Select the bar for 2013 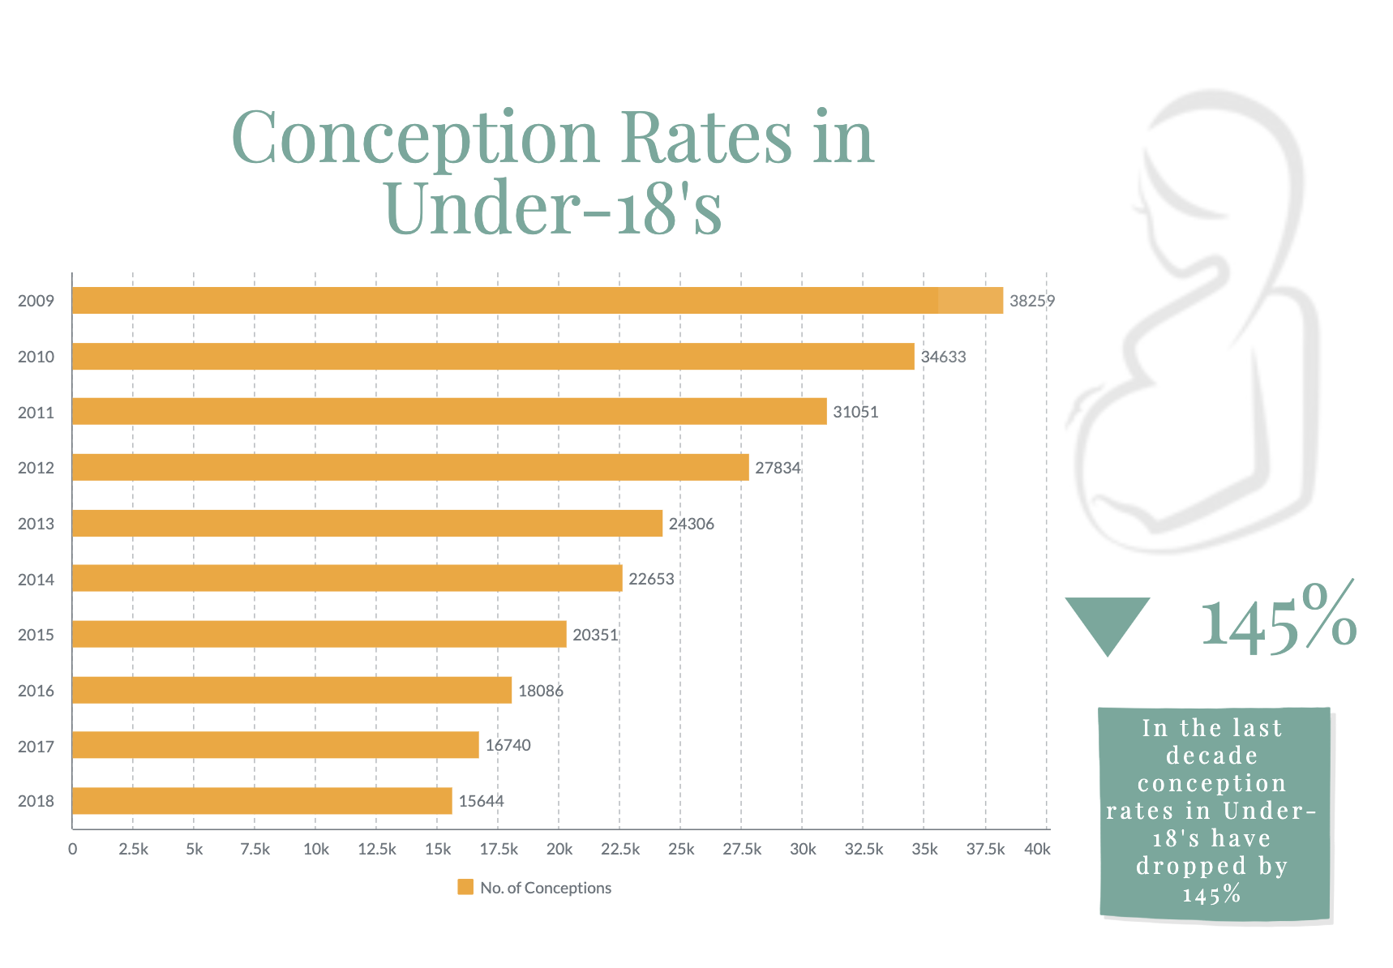point(367,524)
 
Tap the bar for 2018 point(262,801)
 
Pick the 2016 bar point(292,691)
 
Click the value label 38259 point(1031,302)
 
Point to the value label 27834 point(778,468)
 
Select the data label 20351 point(595,635)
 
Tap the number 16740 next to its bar point(508,746)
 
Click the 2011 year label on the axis point(36,413)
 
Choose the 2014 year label point(36,580)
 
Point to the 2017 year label point(36,747)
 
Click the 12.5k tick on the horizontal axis point(376,850)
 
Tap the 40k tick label point(1037,850)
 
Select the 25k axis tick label point(681,850)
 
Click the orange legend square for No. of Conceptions point(465,887)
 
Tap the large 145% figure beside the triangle point(1278,620)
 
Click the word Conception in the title point(415,138)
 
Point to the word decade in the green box point(1211,756)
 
